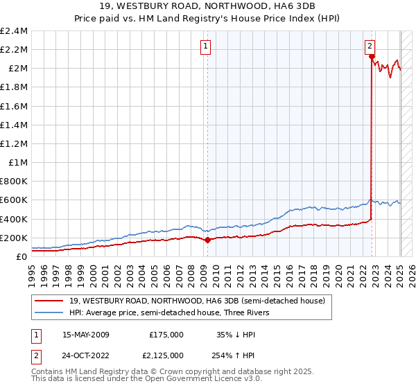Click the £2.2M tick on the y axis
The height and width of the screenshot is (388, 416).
15,50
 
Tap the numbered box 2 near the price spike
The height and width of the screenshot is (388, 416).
370,46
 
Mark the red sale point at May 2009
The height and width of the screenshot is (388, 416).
207,240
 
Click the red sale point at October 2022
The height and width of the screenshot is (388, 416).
372,58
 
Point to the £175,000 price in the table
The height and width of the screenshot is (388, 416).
166,334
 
